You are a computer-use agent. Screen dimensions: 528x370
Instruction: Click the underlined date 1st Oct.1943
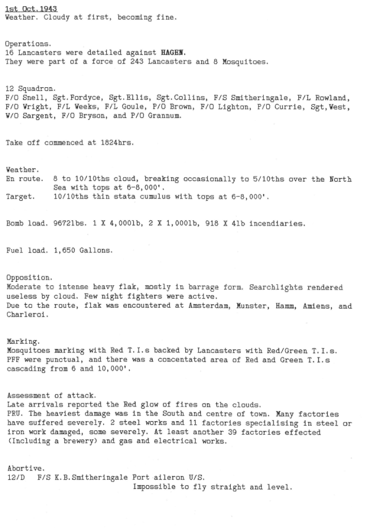click(31, 9)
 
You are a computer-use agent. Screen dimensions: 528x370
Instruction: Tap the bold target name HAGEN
click(173, 53)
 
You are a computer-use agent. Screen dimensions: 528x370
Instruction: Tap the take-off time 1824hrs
click(114, 143)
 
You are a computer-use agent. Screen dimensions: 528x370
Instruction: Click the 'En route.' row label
click(24, 179)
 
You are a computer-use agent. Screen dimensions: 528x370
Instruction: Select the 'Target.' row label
click(21, 197)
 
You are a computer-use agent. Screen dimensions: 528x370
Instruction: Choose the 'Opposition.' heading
click(29, 278)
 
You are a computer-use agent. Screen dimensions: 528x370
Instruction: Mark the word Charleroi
click(26, 314)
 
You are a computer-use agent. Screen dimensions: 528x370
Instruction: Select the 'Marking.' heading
click(22, 342)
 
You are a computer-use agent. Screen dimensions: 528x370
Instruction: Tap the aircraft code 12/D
click(16, 477)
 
